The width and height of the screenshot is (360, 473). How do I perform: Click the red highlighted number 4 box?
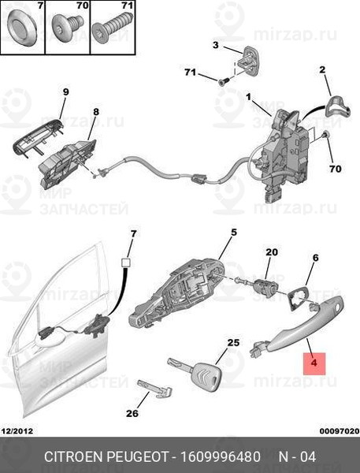click(314, 363)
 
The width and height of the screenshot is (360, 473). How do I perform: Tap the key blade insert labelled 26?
click(155, 389)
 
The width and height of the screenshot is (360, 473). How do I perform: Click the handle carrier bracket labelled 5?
click(177, 292)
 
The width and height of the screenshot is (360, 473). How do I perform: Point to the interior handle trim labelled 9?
click(38, 137)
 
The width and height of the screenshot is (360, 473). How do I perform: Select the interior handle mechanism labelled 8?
click(69, 165)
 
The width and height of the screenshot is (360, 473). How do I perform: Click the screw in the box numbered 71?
click(112, 28)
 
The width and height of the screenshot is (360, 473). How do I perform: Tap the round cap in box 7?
click(22, 27)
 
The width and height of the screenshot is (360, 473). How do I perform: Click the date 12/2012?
click(17, 431)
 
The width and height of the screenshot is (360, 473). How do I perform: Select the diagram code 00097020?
click(340, 431)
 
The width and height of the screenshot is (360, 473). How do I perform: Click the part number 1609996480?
click(220, 457)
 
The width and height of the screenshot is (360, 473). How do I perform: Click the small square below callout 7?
click(126, 263)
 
